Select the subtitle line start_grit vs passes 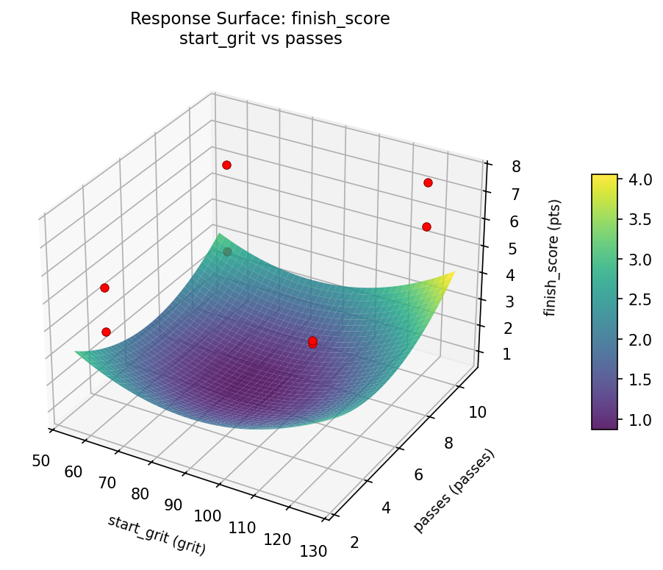[260, 39]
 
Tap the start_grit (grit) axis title [157, 535]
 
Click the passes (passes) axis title [454, 490]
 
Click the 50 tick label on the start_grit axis [41, 461]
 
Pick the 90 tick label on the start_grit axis [173, 505]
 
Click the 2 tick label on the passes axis [356, 542]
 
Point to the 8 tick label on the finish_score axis [516, 166]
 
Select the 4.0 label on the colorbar [637, 180]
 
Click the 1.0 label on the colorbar [637, 419]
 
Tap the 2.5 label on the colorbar [637, 300]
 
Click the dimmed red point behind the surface [228, 252]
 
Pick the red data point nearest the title [226, 165]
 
